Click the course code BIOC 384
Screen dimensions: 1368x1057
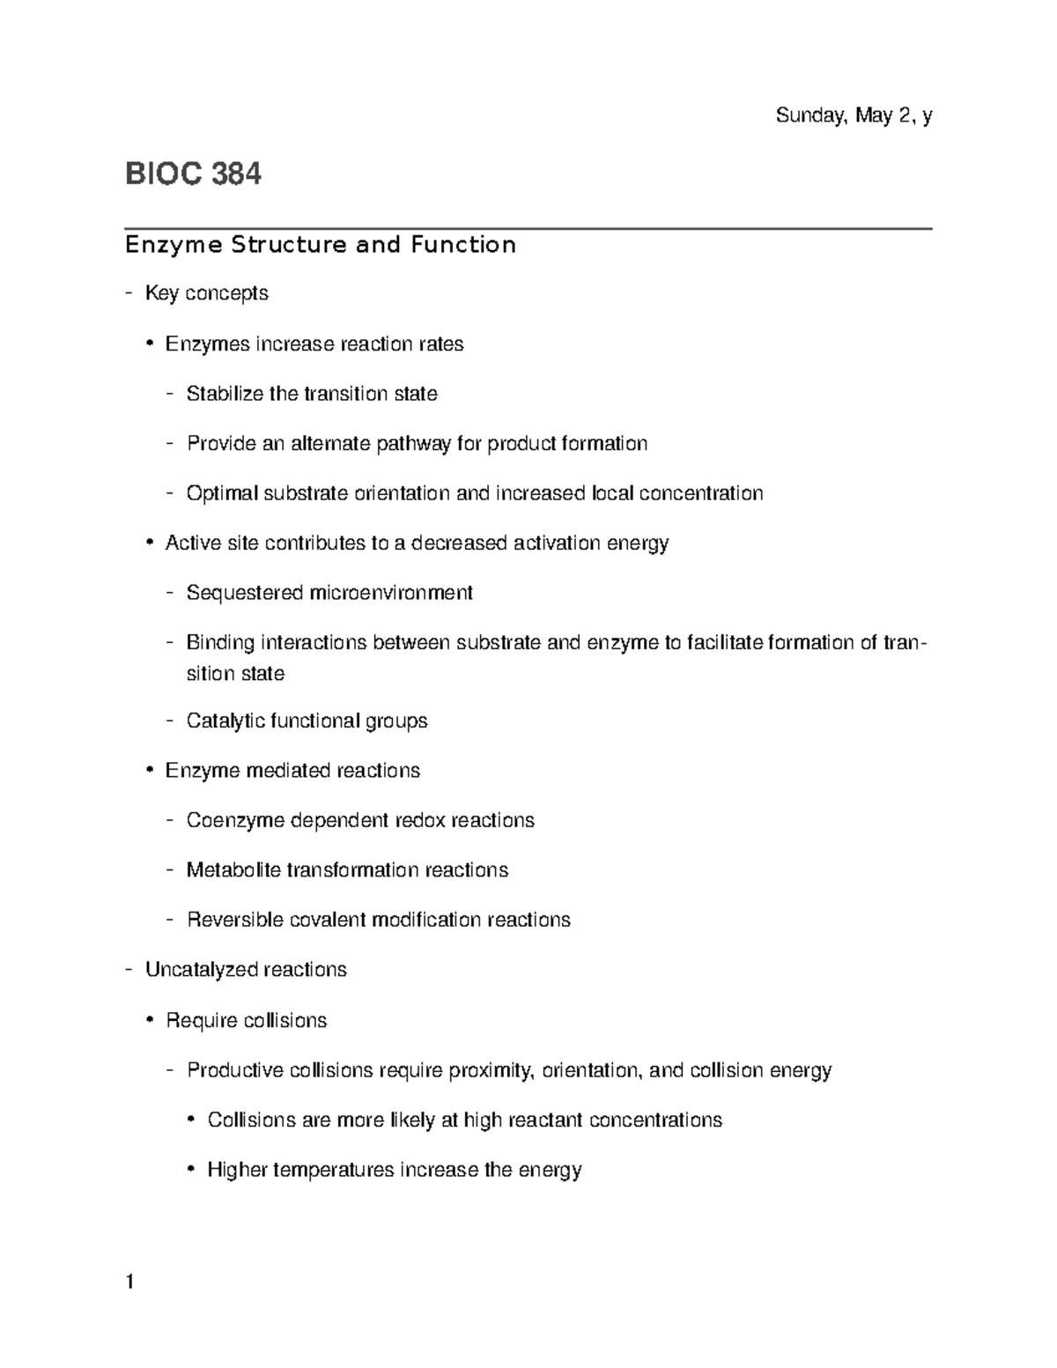[x=193, y=174]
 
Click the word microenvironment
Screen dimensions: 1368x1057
[x=390, y=593]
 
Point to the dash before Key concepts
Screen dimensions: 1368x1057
[x=129, y=293]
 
